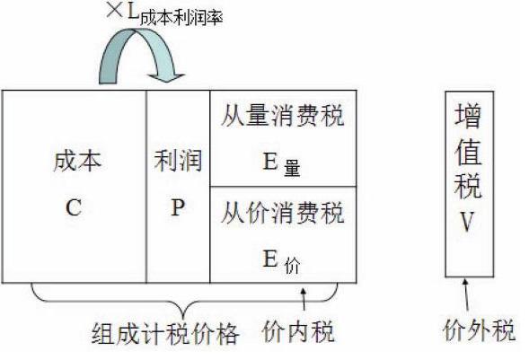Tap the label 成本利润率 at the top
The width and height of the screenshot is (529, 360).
tap(181, 17)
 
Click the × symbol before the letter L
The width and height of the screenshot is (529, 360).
tap(115, 10)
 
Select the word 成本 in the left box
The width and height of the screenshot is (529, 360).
tap(77, 161)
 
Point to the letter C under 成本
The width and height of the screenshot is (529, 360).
tap(74, 207)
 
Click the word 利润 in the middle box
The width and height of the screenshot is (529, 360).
tap(178, 161)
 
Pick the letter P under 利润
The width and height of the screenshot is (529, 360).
tap(178, 206)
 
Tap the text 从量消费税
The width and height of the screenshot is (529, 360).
tap(283, 116)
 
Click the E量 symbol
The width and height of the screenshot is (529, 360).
tap(281, 163)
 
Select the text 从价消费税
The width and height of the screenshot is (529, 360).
tap(283, 213)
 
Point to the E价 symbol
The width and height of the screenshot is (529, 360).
tap(281, 262)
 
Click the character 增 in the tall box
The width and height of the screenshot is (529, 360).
tap(468, 116)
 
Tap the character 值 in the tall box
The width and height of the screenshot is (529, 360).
tap(468, 152)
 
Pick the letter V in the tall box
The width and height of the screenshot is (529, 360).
tap(468, 221)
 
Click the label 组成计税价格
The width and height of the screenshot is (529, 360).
tap(165, 334)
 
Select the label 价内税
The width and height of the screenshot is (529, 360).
tap(298, 331)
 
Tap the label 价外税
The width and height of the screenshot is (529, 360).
tap(479, 329)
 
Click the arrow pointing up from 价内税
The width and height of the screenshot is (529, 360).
tap(304, 299)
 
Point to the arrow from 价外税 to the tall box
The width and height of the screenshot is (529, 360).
tap(466, 294)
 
